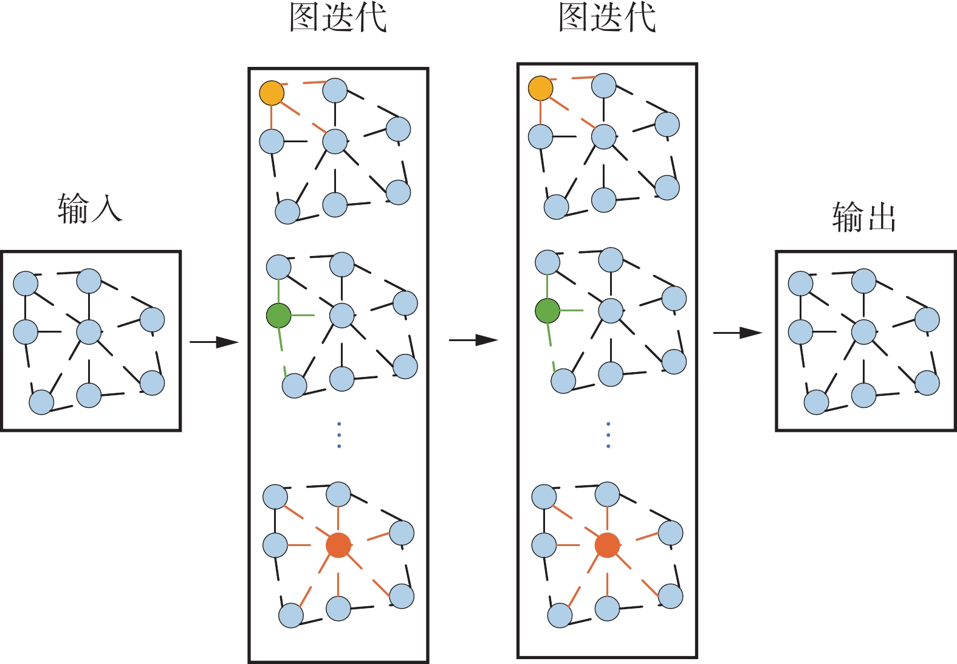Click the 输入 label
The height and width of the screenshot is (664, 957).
(90, 209)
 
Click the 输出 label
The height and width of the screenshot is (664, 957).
(864, 217)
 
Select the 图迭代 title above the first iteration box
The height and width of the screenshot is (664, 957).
(338, 17)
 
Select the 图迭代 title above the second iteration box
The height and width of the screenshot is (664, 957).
(607, 17)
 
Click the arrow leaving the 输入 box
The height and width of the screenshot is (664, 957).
(214, 342)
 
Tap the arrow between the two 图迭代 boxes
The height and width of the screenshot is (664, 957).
(473, 340)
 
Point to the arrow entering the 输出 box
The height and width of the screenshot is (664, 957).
(737, 333)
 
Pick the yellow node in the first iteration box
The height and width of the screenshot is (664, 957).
(272, 93)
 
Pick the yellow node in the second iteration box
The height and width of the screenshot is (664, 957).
(540, 88)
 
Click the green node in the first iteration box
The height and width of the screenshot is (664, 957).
(279, 316)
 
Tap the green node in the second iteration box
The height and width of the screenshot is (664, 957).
(547, 311)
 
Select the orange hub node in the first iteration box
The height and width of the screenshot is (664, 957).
(338, 545)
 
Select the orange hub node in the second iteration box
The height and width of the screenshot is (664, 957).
(607, 545)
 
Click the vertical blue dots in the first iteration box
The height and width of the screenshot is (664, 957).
(339, 435)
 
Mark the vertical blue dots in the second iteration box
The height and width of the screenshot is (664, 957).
(608, 435)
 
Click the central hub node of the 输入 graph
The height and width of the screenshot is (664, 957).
(89, 332)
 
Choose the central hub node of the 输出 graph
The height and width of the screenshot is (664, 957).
(863, 332)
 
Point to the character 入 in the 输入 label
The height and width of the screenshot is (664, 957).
(106, 209)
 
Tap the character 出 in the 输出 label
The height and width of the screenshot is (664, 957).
(881, 217)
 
